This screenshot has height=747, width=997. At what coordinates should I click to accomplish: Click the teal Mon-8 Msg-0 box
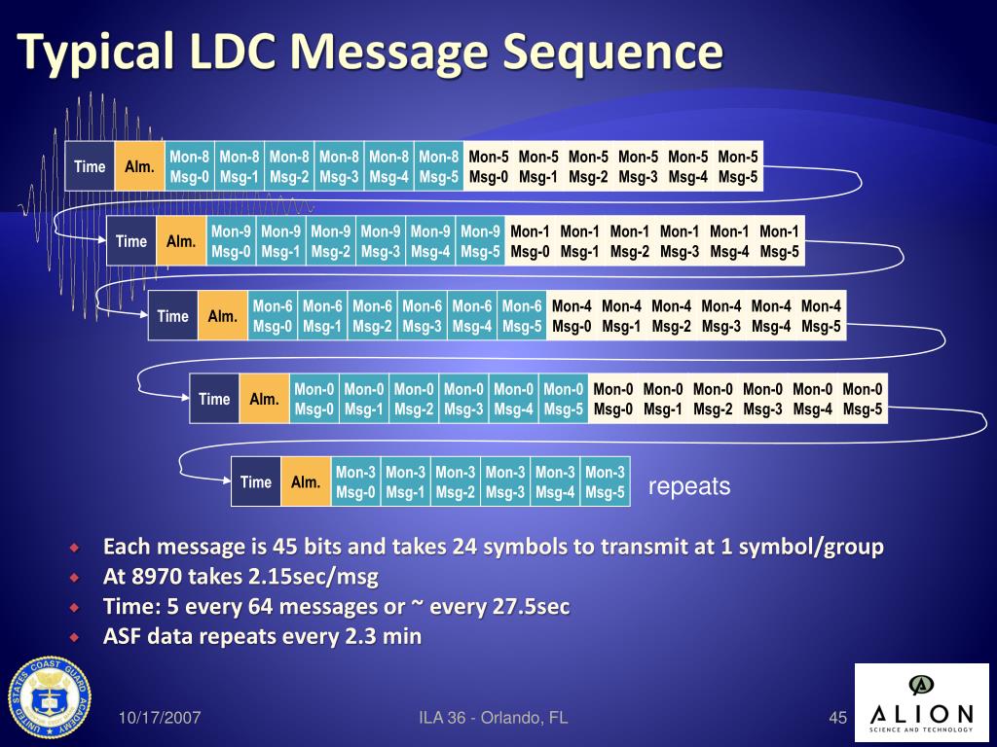[x=190, y=166]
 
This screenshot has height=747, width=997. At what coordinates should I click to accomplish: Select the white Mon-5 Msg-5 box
[x=738, y=166]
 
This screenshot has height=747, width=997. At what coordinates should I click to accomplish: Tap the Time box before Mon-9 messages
[x=131, y=241]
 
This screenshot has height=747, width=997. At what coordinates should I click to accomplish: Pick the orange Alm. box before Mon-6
[x=223, y=316]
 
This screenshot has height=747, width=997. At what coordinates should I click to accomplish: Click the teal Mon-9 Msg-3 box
[x=381, y=241]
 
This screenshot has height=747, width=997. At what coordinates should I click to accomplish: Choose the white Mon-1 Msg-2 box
[x=630, y=241]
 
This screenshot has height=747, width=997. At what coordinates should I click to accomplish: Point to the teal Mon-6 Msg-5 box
[x=522, y=316]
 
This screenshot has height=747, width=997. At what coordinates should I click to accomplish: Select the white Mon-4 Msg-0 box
[x=572, y=316]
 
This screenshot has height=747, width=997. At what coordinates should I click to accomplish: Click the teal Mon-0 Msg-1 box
[x=364, y=399]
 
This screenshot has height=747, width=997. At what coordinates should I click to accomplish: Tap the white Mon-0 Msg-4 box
[x=813, y=399]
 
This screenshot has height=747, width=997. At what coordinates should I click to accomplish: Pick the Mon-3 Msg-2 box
[x=456, y=481]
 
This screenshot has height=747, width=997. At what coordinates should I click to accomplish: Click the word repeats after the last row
[x=689, y=486]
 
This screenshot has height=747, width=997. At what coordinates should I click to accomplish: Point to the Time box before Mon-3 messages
[x=256, y=481]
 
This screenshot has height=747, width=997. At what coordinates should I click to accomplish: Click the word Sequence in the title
[x=613, y=51]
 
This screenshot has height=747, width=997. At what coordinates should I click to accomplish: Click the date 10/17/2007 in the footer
[x=161, y=719]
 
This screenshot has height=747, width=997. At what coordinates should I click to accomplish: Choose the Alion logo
[x=921, y=702]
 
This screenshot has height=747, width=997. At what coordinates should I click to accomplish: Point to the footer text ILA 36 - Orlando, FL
[x=493, y=719]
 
